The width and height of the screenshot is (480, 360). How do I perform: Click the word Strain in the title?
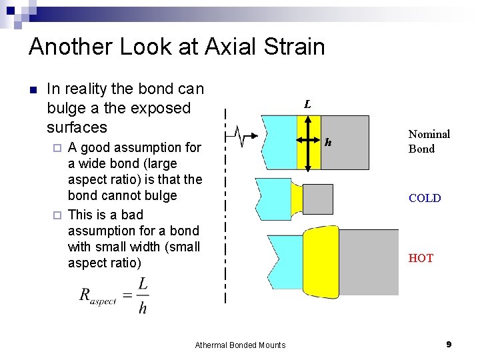288,47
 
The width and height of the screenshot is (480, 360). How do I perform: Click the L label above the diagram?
307,105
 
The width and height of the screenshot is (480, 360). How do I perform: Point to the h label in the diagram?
328,142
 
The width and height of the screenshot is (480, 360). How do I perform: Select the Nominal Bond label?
429,141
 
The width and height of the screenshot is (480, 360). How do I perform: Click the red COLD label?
425,198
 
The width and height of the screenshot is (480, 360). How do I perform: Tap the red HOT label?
421,258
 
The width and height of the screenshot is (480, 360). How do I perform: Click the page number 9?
449,344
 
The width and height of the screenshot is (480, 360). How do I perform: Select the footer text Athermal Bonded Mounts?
240,345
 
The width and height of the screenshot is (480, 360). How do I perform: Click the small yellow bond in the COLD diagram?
297,198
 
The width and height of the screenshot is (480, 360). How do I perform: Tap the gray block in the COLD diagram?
318,199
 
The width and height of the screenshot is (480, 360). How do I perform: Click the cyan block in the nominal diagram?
279,141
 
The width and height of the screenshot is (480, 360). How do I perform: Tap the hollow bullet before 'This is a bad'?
58,215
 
